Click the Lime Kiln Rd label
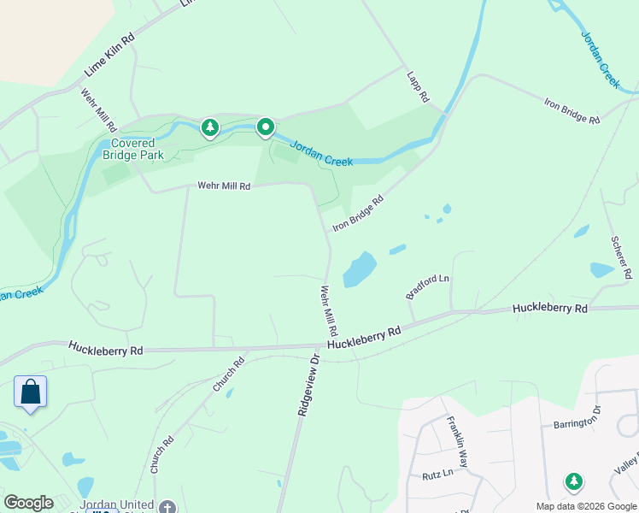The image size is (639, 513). (x=109, y=54)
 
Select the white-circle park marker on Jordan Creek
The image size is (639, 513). (x=266, y=128)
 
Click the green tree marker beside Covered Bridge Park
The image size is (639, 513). (x=209, y=128)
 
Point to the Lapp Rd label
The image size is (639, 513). (x=418, y=86)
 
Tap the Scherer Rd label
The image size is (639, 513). (x=620, y=256)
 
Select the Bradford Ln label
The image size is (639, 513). (x=427, y=286)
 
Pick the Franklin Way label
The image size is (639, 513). (x=458, y=441)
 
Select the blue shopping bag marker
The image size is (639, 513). (x=31, y=392)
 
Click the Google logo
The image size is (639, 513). (x=28, y=503)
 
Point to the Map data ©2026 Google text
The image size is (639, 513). (x=586, y=506)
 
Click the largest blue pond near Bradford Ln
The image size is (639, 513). (x=360, y=269)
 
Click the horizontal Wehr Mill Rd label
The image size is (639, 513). (x=224, y=185)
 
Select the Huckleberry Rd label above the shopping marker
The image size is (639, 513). (x=106, y=349)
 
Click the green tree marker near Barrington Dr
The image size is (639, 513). (x=574, y=482)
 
